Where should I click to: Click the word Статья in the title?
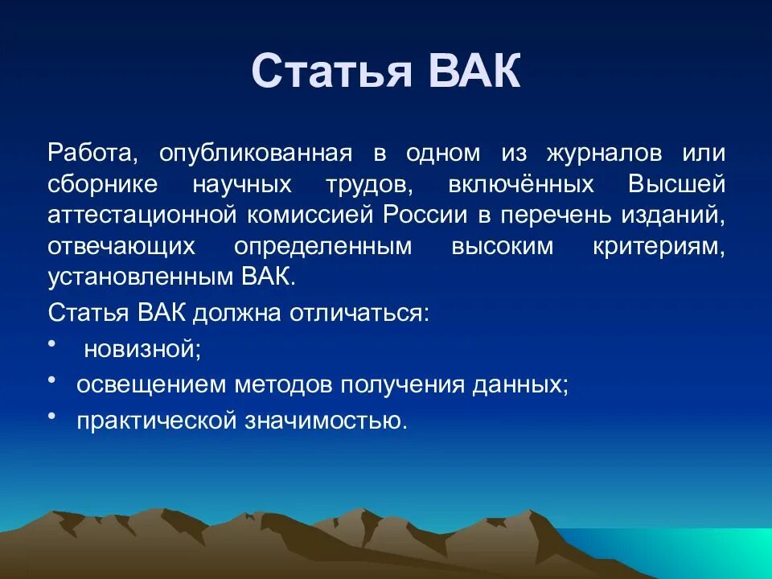[x=332, y=72]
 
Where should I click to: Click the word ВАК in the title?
[x=474, y=72]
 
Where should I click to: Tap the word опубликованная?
[x=255, y=154]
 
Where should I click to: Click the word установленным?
[x=142, y=277]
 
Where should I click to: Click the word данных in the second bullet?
[x=524, y=384]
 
